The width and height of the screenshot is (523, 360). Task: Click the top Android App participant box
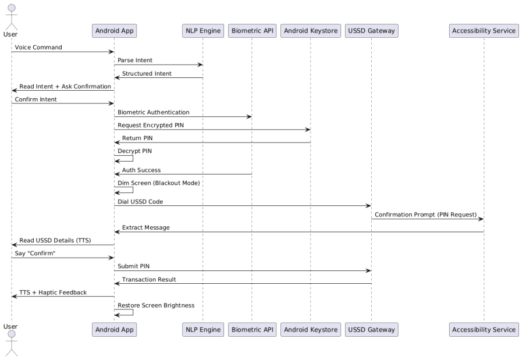(115, 31)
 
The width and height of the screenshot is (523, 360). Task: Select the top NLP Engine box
(203, 31)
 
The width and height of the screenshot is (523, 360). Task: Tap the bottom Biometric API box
(252, 330)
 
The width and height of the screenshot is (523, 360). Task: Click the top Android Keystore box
(311, 31)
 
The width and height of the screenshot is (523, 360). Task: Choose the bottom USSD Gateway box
(372, 330)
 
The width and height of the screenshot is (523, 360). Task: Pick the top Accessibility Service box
(484, 31)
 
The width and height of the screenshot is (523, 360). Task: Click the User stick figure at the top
(11, 17)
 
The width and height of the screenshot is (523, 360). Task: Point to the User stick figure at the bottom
(11, 343)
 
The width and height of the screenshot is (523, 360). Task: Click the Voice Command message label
(38, 47)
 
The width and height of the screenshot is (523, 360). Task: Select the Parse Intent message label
(135, 60)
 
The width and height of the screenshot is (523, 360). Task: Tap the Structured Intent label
(147, 74)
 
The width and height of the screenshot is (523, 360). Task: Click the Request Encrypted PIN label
(151, 126)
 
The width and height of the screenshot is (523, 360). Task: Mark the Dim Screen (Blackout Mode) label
(159, 183)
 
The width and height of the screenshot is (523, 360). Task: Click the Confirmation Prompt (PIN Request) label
(426, 215)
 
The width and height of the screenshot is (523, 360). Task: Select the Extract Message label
(146, 227)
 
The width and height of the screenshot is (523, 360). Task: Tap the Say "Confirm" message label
(35, 254)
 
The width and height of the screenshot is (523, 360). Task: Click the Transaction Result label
(149, 280)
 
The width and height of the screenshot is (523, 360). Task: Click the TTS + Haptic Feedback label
(53, 293)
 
